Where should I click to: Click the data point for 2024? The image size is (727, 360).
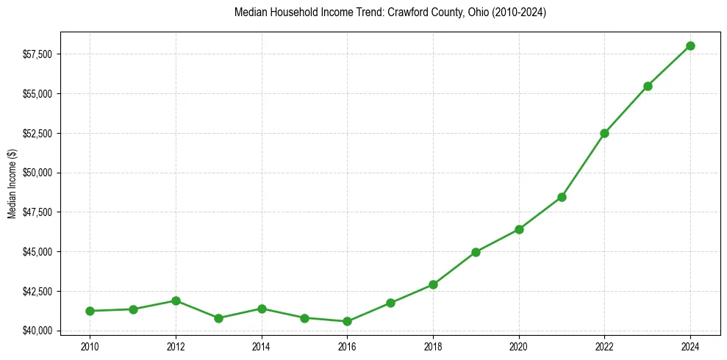[690, 46]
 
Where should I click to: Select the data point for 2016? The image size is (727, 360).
[347, 321]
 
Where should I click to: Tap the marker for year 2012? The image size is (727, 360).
[176, 300]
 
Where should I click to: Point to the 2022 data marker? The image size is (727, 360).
[604, 133]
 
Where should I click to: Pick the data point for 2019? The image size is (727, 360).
[476, 252]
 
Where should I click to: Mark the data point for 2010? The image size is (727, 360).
[90, 311]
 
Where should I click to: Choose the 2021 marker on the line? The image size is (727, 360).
[562, 197]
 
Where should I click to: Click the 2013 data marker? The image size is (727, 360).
[218, 318]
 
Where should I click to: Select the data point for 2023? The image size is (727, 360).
[648, 86]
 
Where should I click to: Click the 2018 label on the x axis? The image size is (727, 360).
[433, 345]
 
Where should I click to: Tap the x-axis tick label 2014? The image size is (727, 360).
[261, 345]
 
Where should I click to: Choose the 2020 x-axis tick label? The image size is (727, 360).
[519, 345]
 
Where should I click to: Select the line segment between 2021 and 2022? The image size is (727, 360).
[583, 165]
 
